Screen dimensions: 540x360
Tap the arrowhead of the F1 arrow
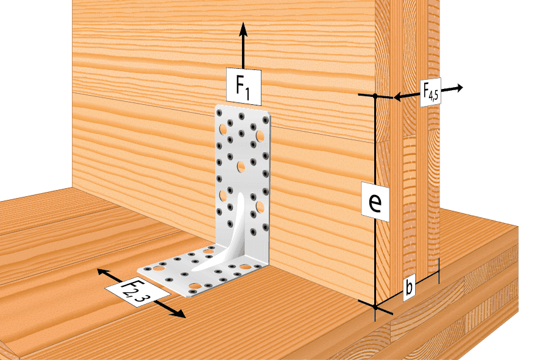tap(243, 29)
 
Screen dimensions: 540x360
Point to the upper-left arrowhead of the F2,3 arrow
tap(102, 272)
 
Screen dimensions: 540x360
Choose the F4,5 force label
tap(430, 92)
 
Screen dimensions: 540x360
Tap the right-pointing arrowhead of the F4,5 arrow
tap(459, 88)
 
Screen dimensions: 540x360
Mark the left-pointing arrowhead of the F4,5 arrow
tap(398, 97)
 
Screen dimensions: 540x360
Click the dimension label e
tap(375, 202)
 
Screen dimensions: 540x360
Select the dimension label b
tap(409, 287)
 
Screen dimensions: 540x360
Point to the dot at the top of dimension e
tap(375, 96)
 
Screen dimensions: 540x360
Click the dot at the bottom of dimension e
tap(375, 306)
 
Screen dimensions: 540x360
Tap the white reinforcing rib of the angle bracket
tap(234, 234)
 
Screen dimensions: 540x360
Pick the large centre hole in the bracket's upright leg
tap(241, 168)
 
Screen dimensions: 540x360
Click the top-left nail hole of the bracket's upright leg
tap(219, 113)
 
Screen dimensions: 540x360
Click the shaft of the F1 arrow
tap(243, 52)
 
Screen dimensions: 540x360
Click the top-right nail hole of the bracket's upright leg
tap(265, 120)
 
